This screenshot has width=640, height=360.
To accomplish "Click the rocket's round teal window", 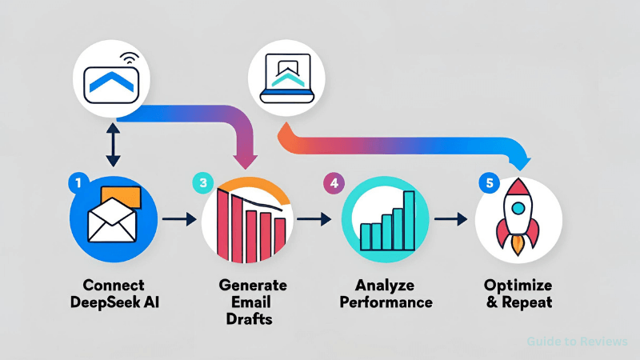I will [x=518, y=207].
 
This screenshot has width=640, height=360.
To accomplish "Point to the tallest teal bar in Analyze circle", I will [x=410, y=219].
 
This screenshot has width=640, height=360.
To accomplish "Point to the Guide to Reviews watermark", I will [x=577, y=342].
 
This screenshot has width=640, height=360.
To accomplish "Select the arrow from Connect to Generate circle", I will [x=178, y=218].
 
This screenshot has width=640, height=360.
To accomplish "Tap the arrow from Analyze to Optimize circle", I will [x=450, y=218].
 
